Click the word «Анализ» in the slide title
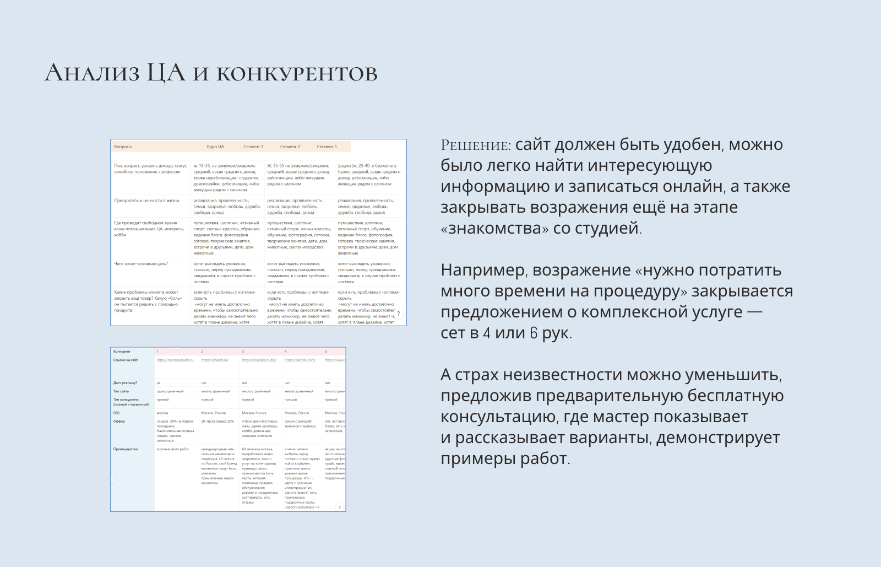(x=92, y=73)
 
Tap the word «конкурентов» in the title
(x=297, y=74)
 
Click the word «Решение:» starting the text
(x=476, y=145)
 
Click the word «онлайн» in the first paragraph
(x=693, y=187)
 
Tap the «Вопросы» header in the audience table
(x=123, y=147)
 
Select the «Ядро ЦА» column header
(x=215, y=147)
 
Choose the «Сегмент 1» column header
(x=253, y=147)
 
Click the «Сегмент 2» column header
(x=290, y=147)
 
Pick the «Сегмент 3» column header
(x=327, y=147)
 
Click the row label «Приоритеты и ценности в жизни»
(x=146, y=201)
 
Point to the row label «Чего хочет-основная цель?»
(x=141, y=264)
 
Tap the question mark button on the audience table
(x=399, y=314)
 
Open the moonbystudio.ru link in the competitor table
(x=175, y=360)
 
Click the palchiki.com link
(x=300, y=360)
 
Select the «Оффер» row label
(x=119, y=422)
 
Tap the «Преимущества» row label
(x=125, y=450)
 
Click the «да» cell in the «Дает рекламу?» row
(x=159, y=383)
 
